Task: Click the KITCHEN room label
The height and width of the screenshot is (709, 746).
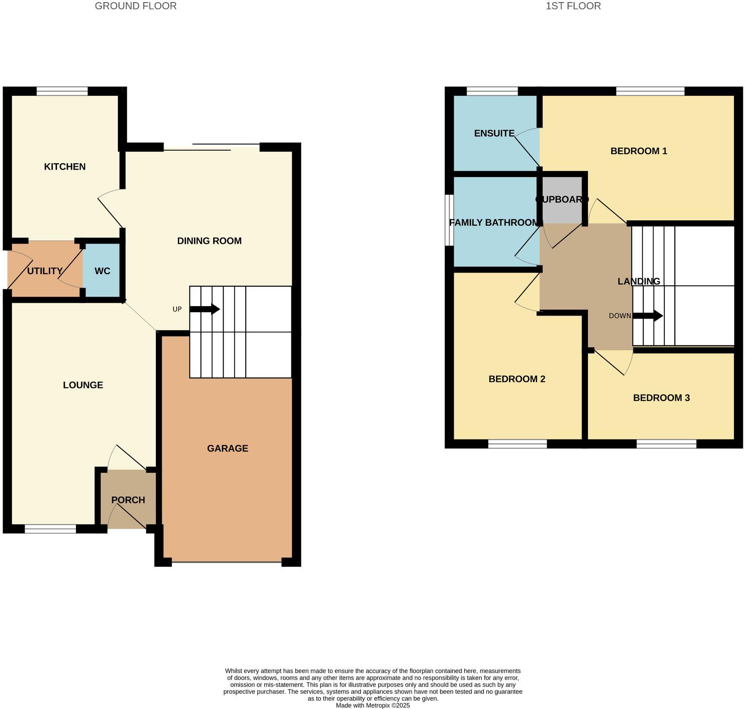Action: pyautogui.click(x=65, y=167)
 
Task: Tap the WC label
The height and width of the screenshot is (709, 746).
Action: pyautogui.click(x=102, y=271)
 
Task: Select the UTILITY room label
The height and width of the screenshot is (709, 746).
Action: pyautogui.click(x=44, y=271)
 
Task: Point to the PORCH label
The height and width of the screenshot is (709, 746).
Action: pyautogui.click(x=128, y=500)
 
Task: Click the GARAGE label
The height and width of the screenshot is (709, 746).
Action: pyautogui.click(x=228, y=449)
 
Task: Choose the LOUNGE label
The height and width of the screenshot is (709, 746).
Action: pyautogui.click(x=83, y=385)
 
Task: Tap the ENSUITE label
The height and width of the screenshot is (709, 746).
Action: pyautogui.click(x=494, y=133)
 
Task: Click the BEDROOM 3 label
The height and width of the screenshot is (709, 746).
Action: pyautogui.click(x=661, y=398)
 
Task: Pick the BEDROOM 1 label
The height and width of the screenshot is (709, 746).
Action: pyautogui.click(x=639, y=151)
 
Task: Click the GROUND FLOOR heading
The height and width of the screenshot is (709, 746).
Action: pyautogui.click(x=136, y=6)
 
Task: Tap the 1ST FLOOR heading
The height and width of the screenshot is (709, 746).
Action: pyautogui.click(x=573, y=6)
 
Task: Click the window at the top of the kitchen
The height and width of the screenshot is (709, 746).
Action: pyautogui.click(x=62, y=91)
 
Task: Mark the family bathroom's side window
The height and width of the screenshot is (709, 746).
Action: pyautogui.click(x=449, y=220)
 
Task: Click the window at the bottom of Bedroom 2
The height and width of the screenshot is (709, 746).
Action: pyautogui.click(x=517, y=444)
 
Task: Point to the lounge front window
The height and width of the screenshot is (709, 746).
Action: pyautogui.click(x=50, y=529)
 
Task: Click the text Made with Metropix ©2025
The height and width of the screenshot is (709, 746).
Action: pyautogui.click(x=373, y=706)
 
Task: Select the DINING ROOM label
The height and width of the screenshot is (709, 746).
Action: pyautogui.click(x=209, y=241)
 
